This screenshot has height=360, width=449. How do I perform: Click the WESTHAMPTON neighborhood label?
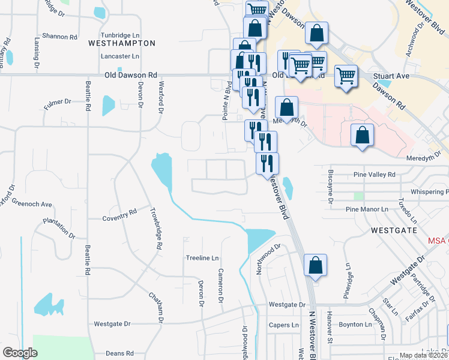(x=122, y=43)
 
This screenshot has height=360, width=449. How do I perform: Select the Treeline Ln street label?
(x=201, y=258)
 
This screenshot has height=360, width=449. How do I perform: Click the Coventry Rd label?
(x=119, y=215)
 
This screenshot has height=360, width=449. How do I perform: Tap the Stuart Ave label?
(x=391, y=76)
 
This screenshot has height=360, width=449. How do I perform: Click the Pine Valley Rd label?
(x=375, y=175)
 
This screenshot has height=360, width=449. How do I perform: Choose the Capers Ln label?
(x=284, y=325)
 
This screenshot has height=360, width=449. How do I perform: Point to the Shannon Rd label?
(x=56, y=37)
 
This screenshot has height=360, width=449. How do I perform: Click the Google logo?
(x=20, y=353)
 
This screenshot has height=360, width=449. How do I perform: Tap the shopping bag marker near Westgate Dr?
(x=315, y=266)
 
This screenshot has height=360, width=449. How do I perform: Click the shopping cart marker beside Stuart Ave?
(x=346, y=76)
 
